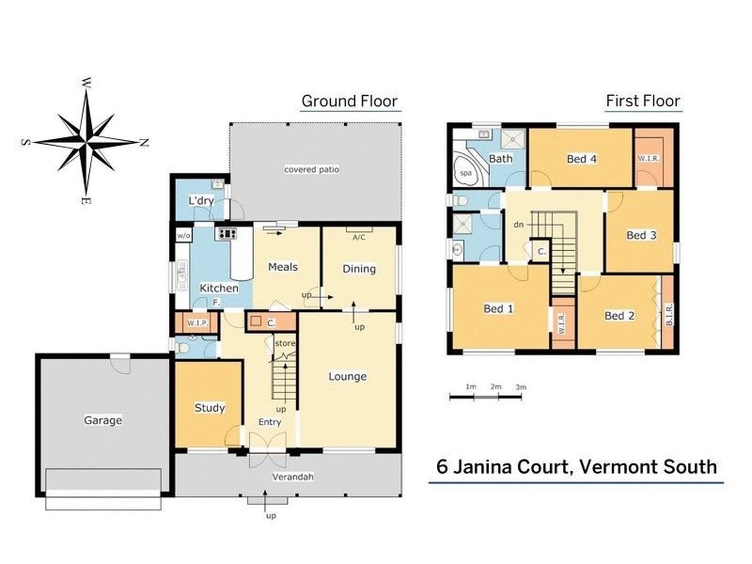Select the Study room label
[210, 408]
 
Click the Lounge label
[347, 377]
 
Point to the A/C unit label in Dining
[358, 237]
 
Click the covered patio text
[311, 169]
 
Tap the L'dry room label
[201, 201]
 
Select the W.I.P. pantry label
[196, 323]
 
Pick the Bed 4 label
[582, 159]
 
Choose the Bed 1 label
[498, 308]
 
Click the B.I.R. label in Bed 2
[668, 314]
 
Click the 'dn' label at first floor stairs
[518, 225]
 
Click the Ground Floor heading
[349, 102]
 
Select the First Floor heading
[642, 102]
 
